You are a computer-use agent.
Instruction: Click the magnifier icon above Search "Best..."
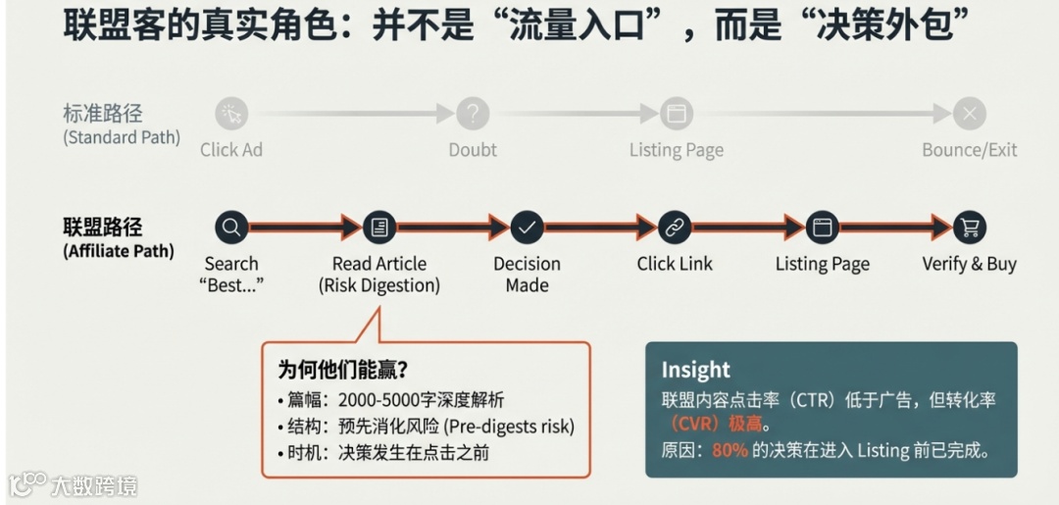click(x=231, y=227)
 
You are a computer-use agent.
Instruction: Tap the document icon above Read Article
click(x=379, y=227)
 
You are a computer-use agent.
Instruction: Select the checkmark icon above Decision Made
click(x=528, y=227)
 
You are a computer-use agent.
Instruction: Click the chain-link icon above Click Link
click(x=675, y=227)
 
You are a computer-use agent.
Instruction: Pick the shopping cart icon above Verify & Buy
click(x=970, y=227)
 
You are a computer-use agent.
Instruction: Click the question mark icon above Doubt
click(x=473, y=114)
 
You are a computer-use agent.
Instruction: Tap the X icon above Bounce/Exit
click(x=970, y=114)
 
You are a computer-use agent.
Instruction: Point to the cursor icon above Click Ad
click(x=231, y=114)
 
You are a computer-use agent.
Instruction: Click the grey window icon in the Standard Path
click(x=675, y=114)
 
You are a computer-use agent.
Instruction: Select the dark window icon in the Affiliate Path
click(x=823, y=227)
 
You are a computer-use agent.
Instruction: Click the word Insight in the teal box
click(x=695, y=370)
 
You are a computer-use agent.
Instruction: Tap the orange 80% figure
click(x=730, y=450)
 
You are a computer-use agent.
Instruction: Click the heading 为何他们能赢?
click(x=343, y=370)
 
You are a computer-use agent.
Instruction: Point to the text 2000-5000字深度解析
click(x=421, y=400)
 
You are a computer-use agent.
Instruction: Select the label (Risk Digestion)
click(x=379, y=286)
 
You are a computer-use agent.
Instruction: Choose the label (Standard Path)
click(x=122, y=137)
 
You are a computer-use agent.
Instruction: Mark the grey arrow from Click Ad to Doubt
click(x=353, y=114)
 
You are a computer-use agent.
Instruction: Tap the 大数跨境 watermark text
click(x=94, y=485)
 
